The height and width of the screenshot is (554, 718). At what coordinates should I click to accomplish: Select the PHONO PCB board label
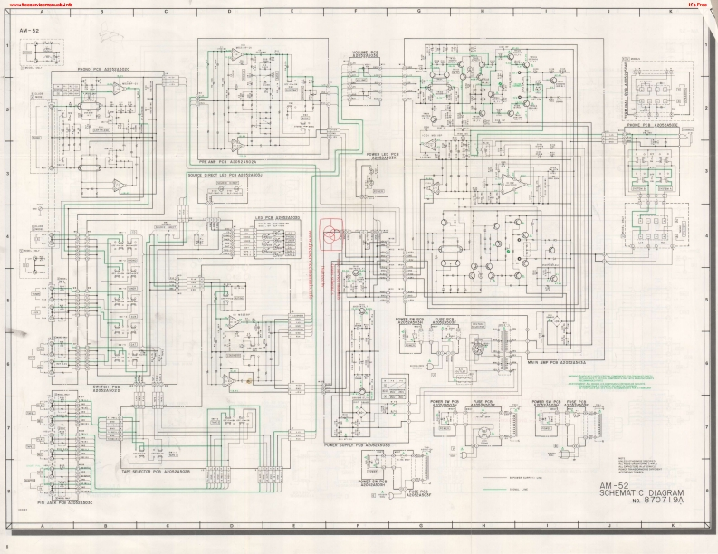[x=91, y=71]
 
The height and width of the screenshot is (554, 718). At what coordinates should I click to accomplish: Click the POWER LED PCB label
[x=385, y=156]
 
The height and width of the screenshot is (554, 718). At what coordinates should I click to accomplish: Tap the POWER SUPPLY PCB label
[x=357, y=445]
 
